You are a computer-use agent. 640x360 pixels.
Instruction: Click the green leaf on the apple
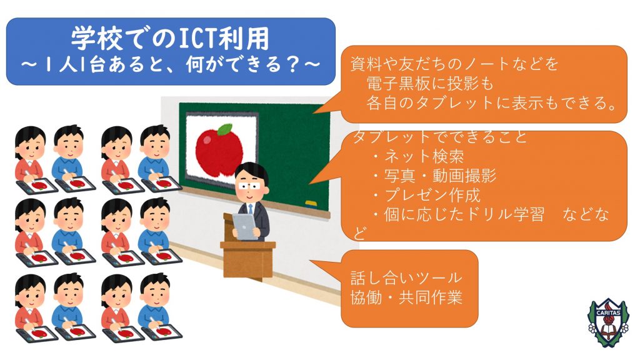point(224,129)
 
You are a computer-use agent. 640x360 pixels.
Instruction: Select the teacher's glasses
point(249,186)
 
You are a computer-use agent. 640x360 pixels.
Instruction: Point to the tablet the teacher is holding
point(245,226)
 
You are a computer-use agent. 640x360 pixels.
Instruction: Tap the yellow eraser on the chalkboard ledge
point(311,203)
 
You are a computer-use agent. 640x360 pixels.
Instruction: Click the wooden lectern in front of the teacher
point(247,252)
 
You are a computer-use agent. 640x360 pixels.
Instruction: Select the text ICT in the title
point(198,39)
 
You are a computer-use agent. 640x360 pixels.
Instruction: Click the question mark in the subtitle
point(293,65)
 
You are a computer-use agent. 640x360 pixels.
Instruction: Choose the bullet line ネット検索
point(418,156)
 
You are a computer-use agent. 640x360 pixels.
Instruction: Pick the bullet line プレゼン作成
point(426,195)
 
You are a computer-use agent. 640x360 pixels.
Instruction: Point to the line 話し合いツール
point(406,278)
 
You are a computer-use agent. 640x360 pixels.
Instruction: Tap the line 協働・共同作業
point(406,298)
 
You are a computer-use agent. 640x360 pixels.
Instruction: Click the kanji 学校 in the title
point(92,38)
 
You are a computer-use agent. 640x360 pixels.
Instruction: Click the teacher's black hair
point(251,171)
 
